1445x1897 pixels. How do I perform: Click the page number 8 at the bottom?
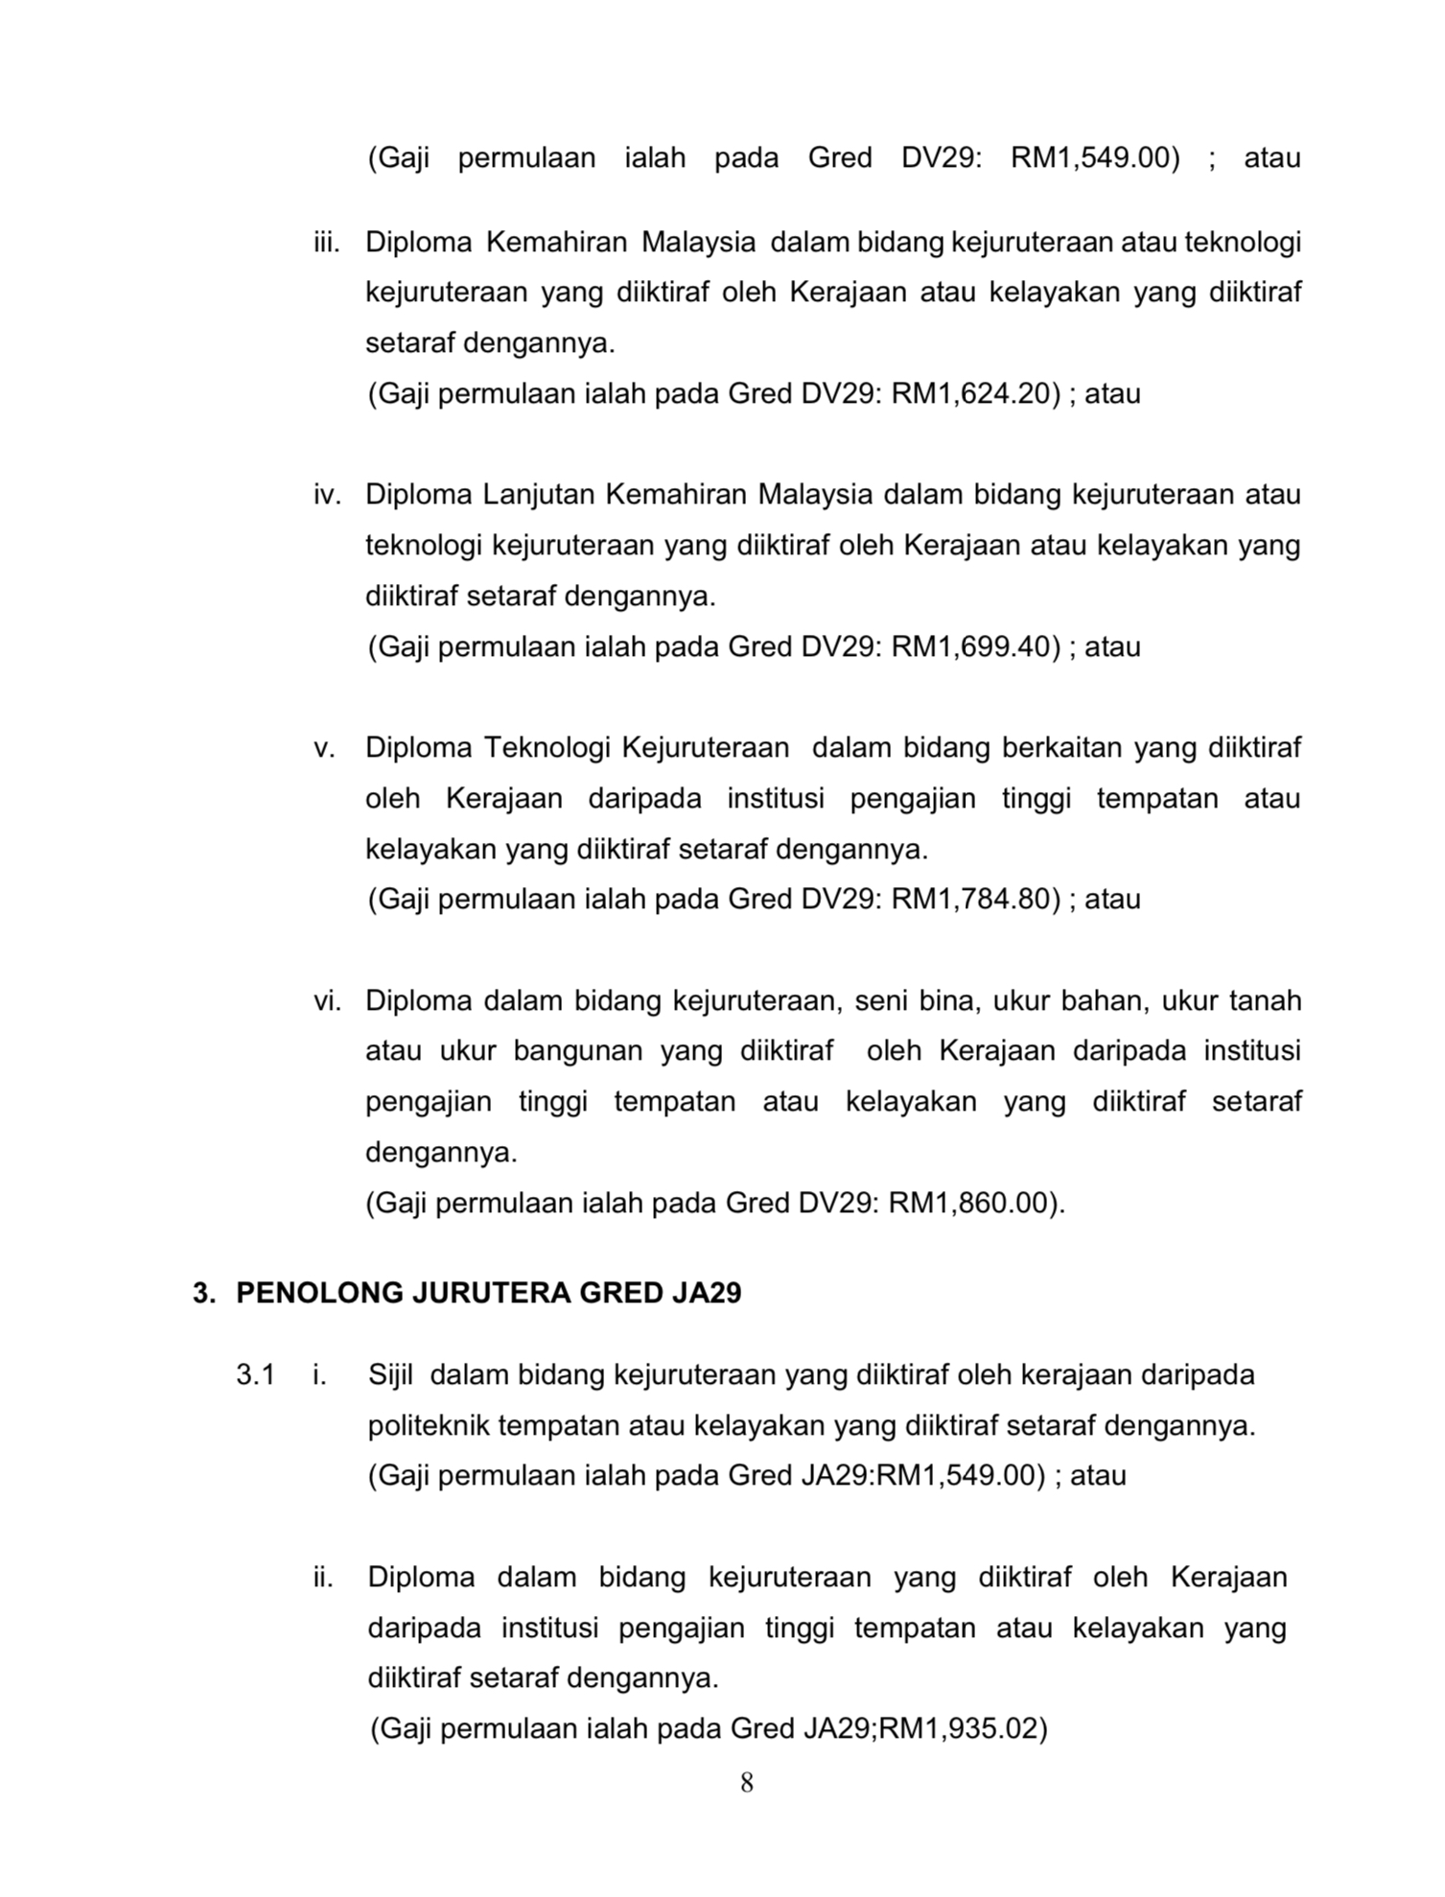tap(747, 1783)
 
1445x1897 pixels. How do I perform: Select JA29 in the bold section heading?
tap(707, 1294)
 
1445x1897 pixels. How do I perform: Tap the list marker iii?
tap(326, 243)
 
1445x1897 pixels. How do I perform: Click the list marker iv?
tap(327, 496)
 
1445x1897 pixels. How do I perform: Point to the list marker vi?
tap(327, 1001)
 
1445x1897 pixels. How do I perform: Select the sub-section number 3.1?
tap(255, 1375)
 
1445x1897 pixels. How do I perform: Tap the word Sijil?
tap(390, 1375)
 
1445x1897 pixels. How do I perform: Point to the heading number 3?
tap(201, 1294)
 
